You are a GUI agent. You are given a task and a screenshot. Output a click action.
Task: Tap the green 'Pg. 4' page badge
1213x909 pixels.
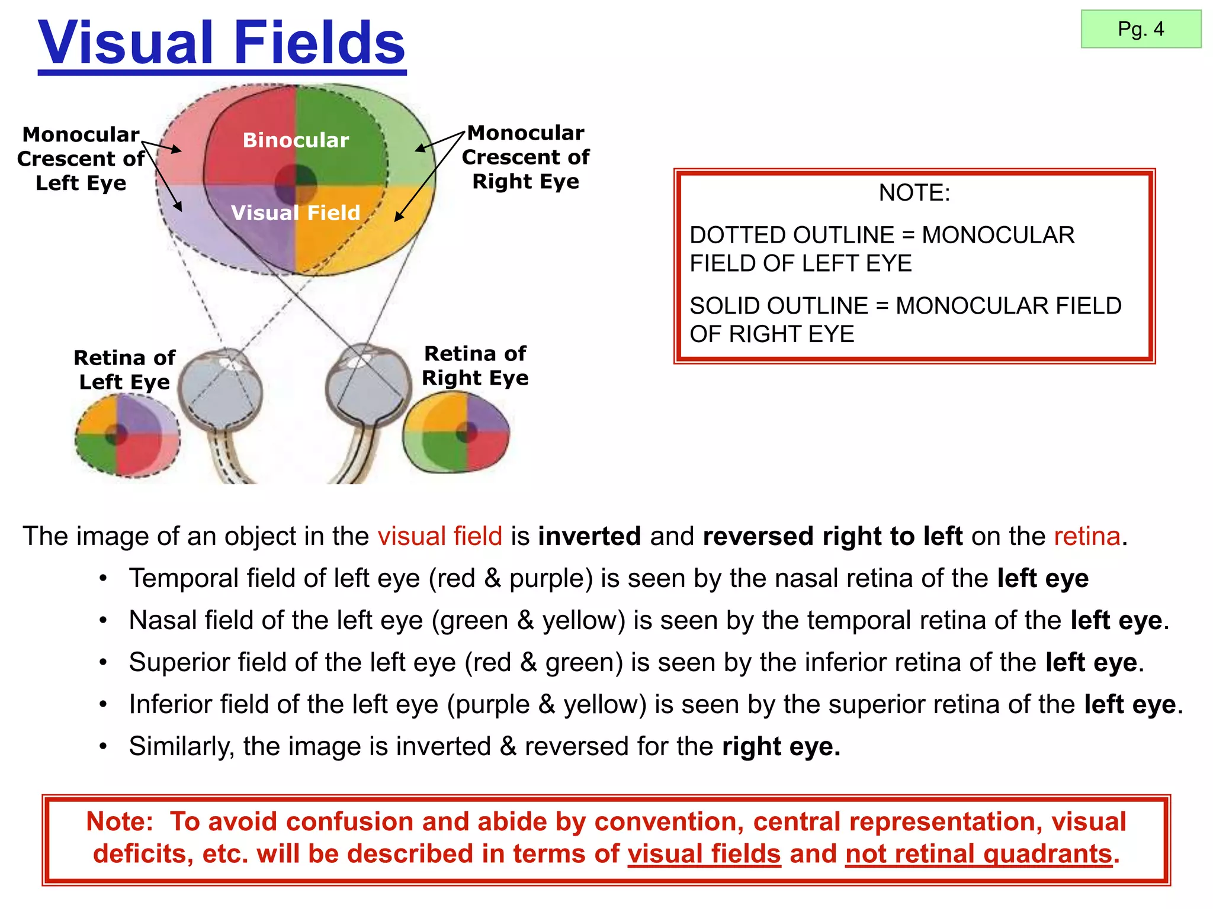[x=1141, y=29]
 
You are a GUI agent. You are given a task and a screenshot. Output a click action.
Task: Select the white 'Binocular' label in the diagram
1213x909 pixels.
[x=296, y=140]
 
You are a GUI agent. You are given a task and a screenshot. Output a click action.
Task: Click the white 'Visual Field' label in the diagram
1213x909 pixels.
[x=296, y=212]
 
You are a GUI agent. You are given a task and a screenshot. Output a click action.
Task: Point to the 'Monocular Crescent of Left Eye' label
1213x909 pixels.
[x=81, y=159]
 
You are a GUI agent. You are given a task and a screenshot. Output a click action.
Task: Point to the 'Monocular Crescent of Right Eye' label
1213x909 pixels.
[x=525, y=157]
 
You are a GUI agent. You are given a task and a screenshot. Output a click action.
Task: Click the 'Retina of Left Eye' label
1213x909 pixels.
[x=124, y=370]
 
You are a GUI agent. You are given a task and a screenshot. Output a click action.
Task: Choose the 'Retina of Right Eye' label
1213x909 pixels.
[x=475, y=366]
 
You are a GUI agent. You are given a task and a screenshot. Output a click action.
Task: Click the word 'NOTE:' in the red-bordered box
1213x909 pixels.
[x=914, y=193]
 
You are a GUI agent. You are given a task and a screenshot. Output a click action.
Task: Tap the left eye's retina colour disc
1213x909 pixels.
[x=128, y=436]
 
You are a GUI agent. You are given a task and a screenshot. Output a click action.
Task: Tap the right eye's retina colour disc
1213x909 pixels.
[x=456, y=433]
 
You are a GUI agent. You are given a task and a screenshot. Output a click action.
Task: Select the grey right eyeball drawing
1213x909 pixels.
[x=367, y=385]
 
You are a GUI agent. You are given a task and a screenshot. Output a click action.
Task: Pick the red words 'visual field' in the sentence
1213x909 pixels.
[x=439, y=536]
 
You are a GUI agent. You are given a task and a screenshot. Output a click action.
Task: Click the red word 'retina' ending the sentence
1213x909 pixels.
[x=1087, y=536]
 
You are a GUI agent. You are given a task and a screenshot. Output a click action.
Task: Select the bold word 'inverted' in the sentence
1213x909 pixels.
[x=589, y=536]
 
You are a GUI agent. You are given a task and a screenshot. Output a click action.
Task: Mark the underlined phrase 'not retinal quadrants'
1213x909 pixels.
[x=978, y=854]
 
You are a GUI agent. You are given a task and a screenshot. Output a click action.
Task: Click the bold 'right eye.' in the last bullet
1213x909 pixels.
[x=781, y=746]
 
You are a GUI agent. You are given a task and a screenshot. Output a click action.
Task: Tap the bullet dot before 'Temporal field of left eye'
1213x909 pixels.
[x=104, y=578]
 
